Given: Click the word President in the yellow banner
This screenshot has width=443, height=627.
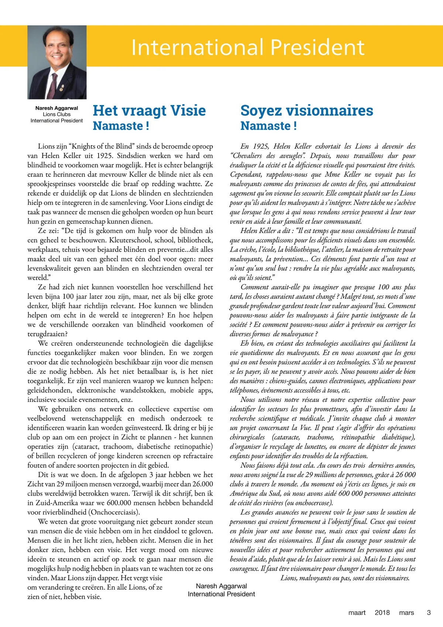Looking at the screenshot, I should (x=317, y=47).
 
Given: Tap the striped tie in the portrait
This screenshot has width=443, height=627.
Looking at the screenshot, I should (x=55, y=85).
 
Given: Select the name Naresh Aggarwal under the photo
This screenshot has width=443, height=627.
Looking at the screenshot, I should (x=56, y=108).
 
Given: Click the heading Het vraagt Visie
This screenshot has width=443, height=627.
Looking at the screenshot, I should (x=149, y=111).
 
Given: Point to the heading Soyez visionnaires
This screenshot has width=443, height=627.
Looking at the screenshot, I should (x=306, y=111).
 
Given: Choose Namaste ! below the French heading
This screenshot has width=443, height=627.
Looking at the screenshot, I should (x=268, y=126).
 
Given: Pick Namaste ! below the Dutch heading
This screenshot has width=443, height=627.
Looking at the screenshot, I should (x=121, y=126).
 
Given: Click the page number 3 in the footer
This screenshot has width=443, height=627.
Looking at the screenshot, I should (x=429, y=613).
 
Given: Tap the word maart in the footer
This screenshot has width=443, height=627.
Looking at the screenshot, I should (x=357, y=613).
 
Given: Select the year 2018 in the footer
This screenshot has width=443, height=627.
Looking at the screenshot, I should (x=382, y=613).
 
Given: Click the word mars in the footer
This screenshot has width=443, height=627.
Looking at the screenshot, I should (x=406, y=613).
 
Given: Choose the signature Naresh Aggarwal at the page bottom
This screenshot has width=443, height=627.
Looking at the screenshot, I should (x=221, y=586).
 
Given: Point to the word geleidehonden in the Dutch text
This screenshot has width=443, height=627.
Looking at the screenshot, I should (x=49, y=390).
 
